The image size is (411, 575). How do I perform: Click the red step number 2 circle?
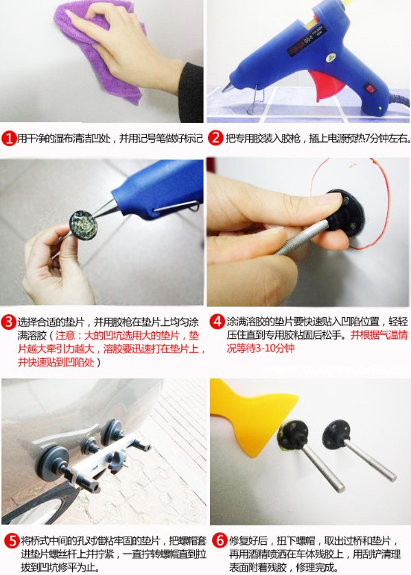(215, 138)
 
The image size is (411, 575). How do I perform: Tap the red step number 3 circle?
(8, 322)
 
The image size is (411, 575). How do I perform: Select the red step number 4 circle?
(217, 322)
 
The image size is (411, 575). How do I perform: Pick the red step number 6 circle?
(220, 541)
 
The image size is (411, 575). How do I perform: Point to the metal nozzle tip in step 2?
(226, 89)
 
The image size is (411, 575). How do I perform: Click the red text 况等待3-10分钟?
(260, 348)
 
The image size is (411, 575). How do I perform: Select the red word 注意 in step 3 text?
(65, 336)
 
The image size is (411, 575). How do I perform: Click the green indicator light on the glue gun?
(381, 108)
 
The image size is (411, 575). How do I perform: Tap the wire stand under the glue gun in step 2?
(257, 99)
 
